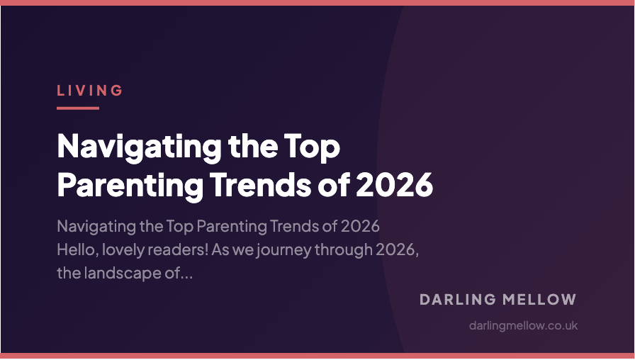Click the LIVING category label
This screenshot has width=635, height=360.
(x=90, y=91)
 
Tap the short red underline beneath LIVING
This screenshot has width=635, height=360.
(x=77, y=108)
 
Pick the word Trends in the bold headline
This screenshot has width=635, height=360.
(x=259, y=184)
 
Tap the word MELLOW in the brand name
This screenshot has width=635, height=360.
(x=544, y=300)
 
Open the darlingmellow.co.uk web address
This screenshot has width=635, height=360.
(x=524, y=326)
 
